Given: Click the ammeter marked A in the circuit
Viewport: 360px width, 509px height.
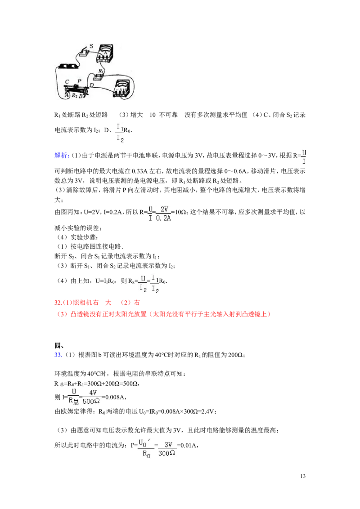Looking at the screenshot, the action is pyautogui.click(x=104, y=53).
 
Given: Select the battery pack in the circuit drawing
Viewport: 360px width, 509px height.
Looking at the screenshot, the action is pyautogui.click(x=68, y=66).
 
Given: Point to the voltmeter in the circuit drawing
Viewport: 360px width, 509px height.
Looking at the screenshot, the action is pyautogui.click(x=123, y=88).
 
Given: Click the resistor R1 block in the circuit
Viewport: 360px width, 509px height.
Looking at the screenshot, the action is pyautogui.click(x=98, y=76).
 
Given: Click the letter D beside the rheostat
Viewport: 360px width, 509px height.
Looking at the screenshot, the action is pyautogui.click(x=92, y=85).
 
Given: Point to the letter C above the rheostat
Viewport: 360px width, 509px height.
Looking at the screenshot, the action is pyautogui.click(x=67, y=82).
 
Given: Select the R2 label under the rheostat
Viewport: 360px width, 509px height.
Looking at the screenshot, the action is pyautogui.click(x=75, y=95).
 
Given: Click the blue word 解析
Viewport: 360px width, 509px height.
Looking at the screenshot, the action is pyautogui.click(x=61, y=156).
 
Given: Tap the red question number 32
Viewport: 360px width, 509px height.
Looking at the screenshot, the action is pyautogui.click(x=58, y=303).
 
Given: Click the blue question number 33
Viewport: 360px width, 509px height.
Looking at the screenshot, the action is pyautogui.click(x=58, y=355).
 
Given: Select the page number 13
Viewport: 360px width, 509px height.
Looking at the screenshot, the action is pyautogui.click(x=303, y=476).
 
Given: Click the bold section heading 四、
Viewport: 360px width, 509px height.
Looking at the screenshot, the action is pyautogui.click(x=59, y=345).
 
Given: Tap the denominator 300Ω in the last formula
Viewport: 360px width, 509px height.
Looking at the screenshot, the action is pyautogui.click(x=166, y=453).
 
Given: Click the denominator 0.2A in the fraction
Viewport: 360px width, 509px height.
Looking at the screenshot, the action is pyautogui.click(x=163, y=219).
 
